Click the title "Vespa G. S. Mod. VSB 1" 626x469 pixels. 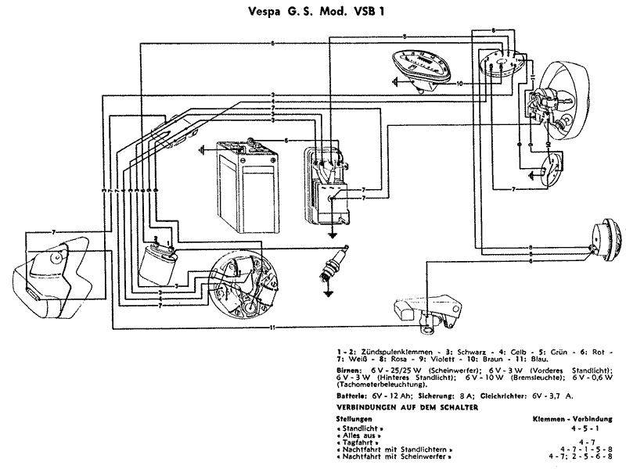[x=312, y=13]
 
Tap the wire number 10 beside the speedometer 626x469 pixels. [x=460, y=82]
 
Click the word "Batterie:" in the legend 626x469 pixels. [x=351, y=396]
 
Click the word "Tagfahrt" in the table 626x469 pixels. [x=356, y=442]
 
